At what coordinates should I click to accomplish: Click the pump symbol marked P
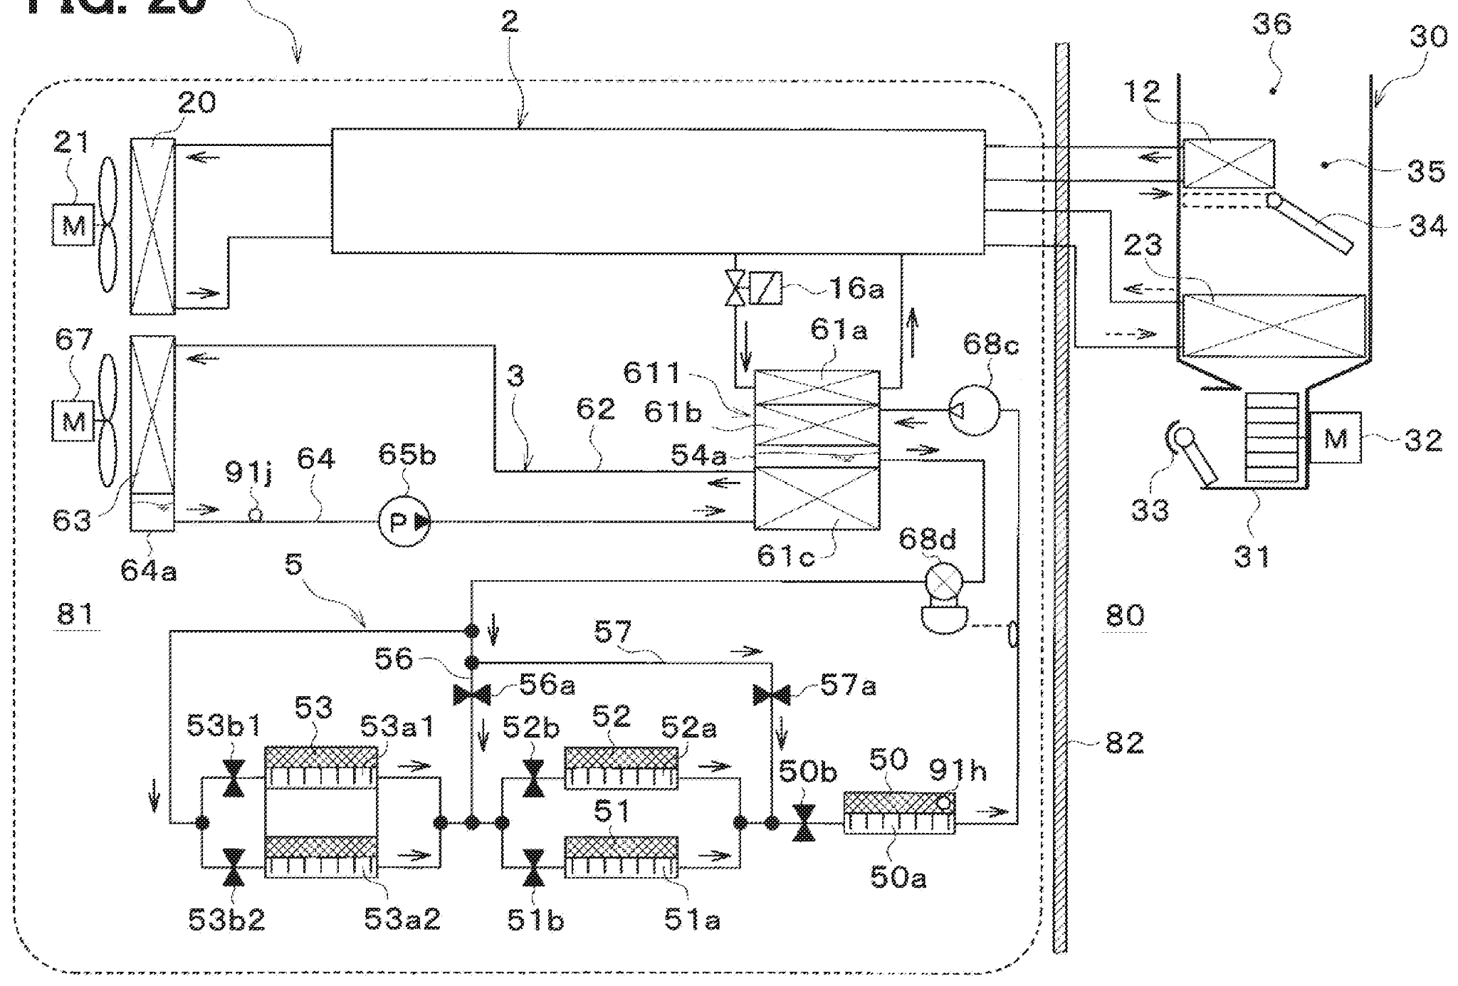pyautogui.click(x=404, y=522)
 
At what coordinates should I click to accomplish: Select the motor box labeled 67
pyautogui.click(x=73, y=421)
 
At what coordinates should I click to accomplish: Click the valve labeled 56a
pyautogui.click(x=472, y=693)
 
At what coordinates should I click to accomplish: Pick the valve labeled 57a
pyautogui.click(x=772, y=693)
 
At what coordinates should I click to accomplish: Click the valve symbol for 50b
pyautogui.click(x=804, y=823)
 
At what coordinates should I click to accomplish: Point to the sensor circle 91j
pyautogui.click(x=255, y=514)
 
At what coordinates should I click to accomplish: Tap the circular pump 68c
pyautogui.click(x=974, y=410)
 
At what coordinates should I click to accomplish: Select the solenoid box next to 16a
pyautogui.click(x=766, y=288)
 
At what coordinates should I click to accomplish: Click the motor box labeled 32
pyautogui.click(x=1335, y=437)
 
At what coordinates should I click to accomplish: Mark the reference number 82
pyautogui.click(x=1125, y=743)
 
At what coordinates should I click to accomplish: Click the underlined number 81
pyautogui.click(x=75, y=613)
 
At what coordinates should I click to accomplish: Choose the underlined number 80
pyautogui.click(x=1125, y=614)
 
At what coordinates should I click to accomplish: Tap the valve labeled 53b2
pyautogui.click(x=234, y=867)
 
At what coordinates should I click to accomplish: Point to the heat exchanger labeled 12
pyautogui.click(x=1228, y=163)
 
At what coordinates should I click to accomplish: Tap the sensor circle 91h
pyautogui.click(x=943, y=803)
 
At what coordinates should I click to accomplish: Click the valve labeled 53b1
pyautogui.click(x=234, y=779)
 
